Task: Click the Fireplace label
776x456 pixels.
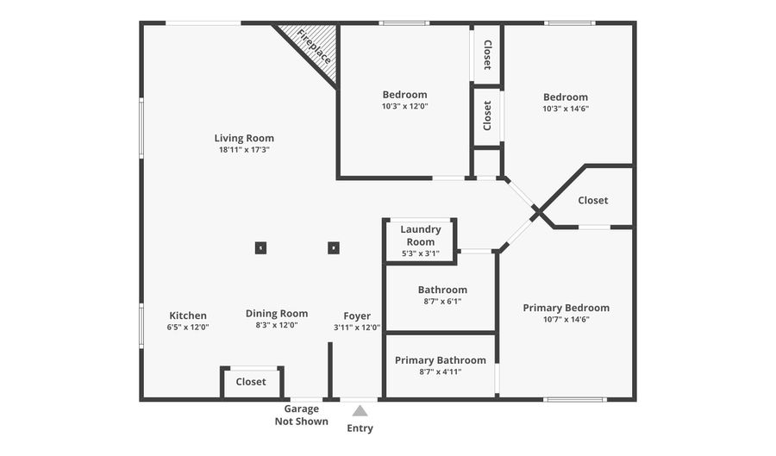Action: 315,47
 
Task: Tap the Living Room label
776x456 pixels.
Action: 244,138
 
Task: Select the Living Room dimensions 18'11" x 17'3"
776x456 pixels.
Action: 244,150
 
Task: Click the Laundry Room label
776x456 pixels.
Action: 421,235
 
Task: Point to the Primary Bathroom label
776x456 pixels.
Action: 441,360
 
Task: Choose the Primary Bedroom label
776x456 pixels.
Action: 566,308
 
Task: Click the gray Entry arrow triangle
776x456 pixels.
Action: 360,411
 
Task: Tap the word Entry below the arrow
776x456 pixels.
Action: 360,428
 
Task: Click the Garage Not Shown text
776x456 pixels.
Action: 302,415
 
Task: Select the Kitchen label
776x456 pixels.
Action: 188,315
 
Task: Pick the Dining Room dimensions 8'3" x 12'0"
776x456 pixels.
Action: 277,326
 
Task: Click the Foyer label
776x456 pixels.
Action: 357,315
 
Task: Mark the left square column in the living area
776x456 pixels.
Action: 260,248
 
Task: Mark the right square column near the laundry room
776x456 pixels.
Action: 334,248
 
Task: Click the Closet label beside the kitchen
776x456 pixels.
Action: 251,382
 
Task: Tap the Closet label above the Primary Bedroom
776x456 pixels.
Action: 593,200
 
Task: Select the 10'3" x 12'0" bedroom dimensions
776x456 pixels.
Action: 405,107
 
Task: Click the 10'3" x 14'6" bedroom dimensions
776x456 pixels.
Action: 566,109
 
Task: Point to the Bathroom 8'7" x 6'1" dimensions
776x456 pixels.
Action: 442,302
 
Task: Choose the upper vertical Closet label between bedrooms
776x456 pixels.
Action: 487,54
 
